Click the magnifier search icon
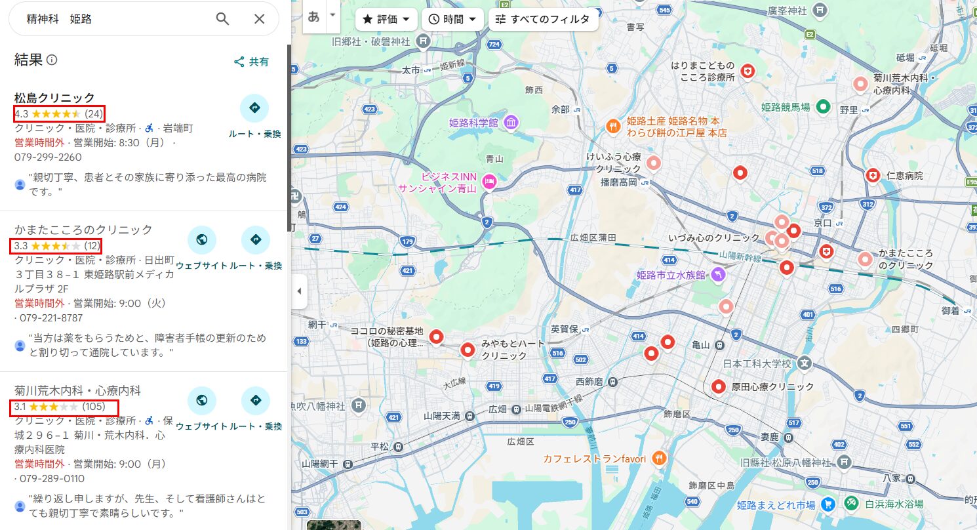[x=223, y=19]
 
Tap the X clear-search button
[x=260, y=19]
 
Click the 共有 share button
[x=252, y=62]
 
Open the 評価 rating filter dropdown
[x=386, y=19]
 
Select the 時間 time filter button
[x=452, y=19]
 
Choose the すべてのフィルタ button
[x=543, y=19]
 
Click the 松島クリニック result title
[x=54, y=98]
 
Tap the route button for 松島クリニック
[x=254, y=108]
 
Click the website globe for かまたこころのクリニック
[x=202, y=239]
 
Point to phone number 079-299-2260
[x=48, y=157]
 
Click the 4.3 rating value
[x=21, y=113]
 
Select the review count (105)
[x=94, y=407]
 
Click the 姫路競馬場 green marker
[x=824, y=106]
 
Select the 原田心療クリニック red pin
[x=719, y=386]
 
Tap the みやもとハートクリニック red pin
[x=468, y=350]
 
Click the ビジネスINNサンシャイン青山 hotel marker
[x=488, y=182]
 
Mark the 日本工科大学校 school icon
[x=805, y=363]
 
